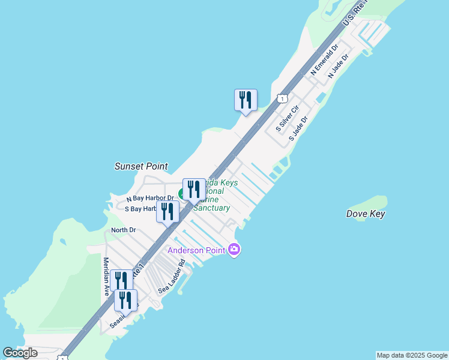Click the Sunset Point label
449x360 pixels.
pos(141,166)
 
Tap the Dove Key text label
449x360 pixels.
pos(366,214)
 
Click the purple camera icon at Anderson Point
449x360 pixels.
pos(234,250)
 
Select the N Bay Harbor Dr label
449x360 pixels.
pos(150,198)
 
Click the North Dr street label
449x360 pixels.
pos(124,230)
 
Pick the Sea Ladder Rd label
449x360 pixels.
pos(172,277)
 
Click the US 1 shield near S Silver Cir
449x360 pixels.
pos(281,98)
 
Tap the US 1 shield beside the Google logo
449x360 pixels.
pos(62,358)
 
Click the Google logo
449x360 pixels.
pos(20,353)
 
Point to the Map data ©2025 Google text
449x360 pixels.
pos(412,355)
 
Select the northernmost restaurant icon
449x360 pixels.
pos(246,100)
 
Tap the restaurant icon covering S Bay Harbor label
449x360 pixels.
pos(167,211)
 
